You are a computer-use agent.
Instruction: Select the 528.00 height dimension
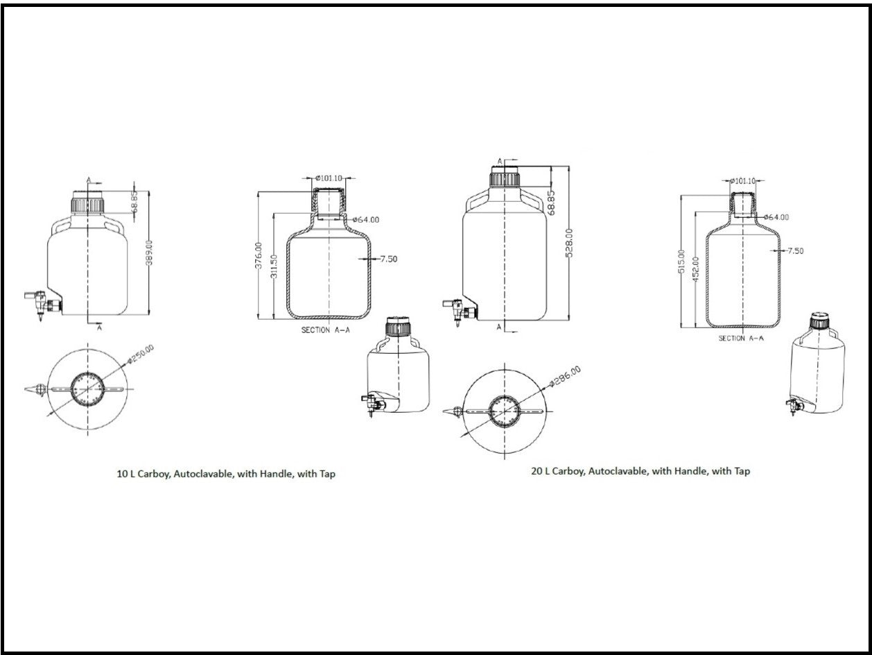coord(569,244)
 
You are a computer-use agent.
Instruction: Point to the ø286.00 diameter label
coord(564,376)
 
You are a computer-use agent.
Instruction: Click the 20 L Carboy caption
coord(640,471)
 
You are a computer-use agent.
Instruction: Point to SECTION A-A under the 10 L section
coord(325,330)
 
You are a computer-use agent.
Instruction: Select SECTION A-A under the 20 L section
coord(741,338)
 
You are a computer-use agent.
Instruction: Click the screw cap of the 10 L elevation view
coord(88,203)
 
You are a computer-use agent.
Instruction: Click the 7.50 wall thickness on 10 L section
coord(388,260)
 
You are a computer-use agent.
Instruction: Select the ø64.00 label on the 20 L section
coord(776,217)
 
